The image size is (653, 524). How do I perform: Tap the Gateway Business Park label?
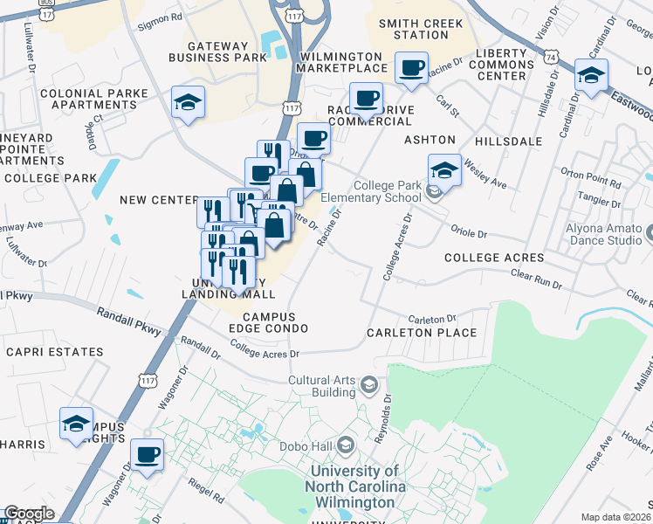(x=227, y=51)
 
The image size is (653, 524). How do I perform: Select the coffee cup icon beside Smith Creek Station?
(x=411, y=67)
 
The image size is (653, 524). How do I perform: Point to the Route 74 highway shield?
(x=549, y=55)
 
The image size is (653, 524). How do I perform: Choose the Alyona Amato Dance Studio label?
(x=608, y=233)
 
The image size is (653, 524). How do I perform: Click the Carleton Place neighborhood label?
(x=422, y=333)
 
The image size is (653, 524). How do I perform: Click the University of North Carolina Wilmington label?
(x=355, y=487)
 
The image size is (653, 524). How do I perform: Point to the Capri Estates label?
(x=54, y=352)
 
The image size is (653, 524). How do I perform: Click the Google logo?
(x=29, y=514)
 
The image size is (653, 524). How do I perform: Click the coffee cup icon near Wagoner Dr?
(x=147, y=455)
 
